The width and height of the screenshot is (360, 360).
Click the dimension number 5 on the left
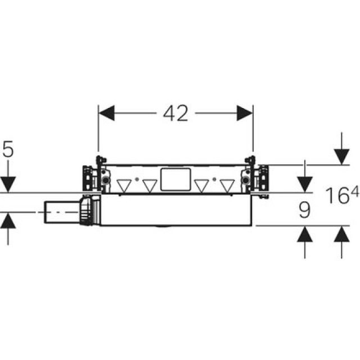[8, 149]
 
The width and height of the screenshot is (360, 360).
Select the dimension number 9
[304, 210]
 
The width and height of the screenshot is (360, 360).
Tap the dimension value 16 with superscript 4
[341, 196]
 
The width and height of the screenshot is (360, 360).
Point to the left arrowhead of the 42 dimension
[107, 113]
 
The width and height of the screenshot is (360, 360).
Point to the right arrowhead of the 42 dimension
[245, 113]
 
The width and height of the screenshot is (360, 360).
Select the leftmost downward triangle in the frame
[124, 186]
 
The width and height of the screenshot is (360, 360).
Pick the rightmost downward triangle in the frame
[227, 186]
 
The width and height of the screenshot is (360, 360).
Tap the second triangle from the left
[150, 186]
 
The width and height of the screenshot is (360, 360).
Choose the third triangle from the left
[201, 186]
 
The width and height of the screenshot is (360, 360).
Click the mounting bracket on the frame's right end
[261, 177]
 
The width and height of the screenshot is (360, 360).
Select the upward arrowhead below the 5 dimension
[8, 220]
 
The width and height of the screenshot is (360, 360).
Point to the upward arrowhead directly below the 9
[304, 234]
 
